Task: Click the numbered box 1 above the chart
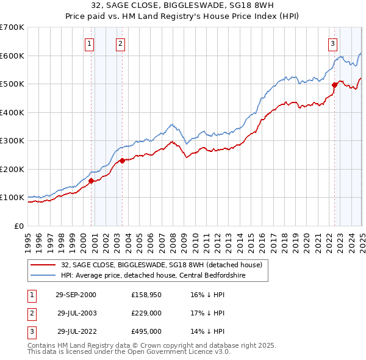pos(89,43)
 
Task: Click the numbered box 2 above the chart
pos(121,43)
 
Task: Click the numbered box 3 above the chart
pos(332,43)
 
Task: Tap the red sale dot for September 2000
pos(91,181)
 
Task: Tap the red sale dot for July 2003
pos(122,161)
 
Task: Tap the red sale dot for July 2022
pos(334,85)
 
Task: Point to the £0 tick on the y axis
pos(20,226)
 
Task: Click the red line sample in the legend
pos(43,265)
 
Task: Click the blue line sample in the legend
pos(43,276)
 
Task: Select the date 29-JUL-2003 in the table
pos(78,314)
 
